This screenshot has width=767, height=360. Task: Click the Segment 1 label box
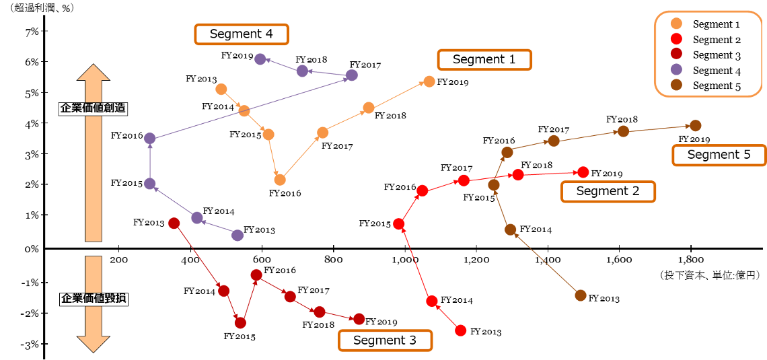click(484, 59)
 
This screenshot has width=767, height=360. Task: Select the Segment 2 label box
click(608, 191)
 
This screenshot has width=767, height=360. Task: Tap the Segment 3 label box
click(384, 340)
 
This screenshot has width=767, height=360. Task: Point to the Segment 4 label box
click(241, 34)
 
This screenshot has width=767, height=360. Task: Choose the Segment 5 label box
click(719, 155)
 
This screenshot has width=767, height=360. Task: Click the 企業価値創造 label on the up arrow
click(93, 108)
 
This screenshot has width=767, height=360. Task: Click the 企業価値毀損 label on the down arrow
click(94, 298)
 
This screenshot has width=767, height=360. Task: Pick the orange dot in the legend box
click(676, 24)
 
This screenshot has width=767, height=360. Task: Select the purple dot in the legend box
click(676, 69)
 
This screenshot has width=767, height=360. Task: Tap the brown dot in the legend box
click(676, 85)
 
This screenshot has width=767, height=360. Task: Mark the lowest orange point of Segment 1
click(280, 180)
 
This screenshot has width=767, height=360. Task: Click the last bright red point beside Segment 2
click(583, 172)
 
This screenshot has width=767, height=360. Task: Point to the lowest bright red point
click(460, 330)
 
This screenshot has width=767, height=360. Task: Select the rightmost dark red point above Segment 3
click(359, 319)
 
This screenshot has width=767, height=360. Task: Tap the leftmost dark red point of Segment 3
click(173, 223)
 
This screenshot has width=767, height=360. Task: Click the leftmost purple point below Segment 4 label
click(260, 59)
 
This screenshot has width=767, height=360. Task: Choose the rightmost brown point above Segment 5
click(696, 125)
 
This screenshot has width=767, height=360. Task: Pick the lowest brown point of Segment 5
click(580, 295)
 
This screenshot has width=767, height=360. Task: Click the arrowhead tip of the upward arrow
click(94, 65)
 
